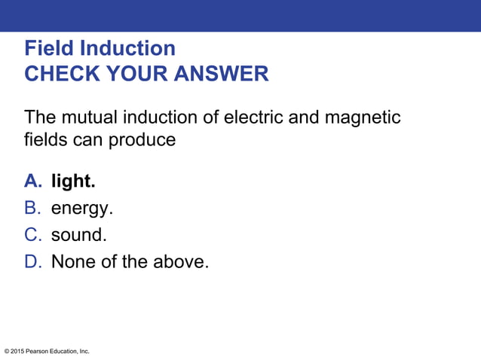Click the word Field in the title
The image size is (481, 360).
tap(50, 49)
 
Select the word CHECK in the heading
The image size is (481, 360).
tap(57, 74)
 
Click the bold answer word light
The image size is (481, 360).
tap(73, 182)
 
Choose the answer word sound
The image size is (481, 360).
tap(78, 234)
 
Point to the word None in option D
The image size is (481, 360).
tap(72, 261)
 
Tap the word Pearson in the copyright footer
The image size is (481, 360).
tap(40, 351)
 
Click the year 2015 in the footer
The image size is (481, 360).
tap(18, 351)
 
